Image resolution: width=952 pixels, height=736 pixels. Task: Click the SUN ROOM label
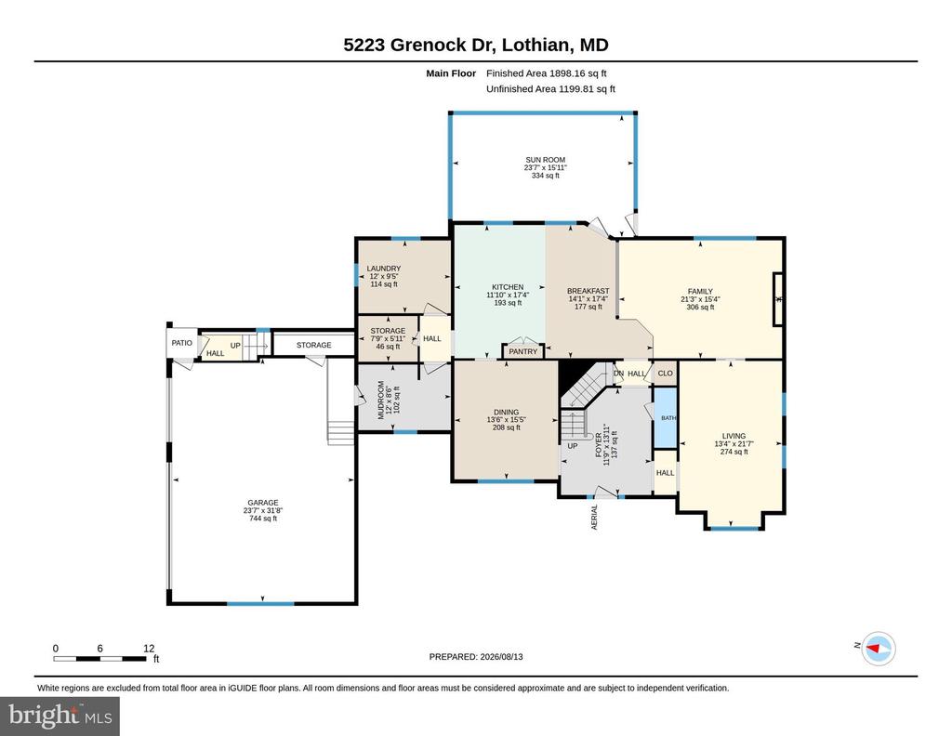(545, 160)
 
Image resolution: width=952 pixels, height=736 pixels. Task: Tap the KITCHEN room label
(508, 287)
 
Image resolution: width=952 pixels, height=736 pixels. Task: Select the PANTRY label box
(522, 351)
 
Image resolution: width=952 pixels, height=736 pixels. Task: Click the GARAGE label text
(263, 503)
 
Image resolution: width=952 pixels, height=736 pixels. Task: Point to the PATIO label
(181, 343)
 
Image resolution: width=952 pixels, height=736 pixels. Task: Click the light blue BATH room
(666, 417)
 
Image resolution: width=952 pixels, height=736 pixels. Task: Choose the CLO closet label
(665, 374)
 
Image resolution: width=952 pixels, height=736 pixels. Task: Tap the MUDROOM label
(381, 400)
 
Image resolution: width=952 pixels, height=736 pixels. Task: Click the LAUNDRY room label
(384, 269)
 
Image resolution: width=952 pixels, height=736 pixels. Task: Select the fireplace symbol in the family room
(778, 299)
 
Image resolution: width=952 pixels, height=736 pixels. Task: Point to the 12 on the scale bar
(149, 648)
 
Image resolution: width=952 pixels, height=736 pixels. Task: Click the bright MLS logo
(60, 716)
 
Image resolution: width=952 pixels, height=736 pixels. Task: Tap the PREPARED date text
(476, 656)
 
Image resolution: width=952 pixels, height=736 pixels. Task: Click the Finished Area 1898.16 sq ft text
(547, 73)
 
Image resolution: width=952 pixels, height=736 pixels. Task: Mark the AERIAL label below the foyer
(594, 517)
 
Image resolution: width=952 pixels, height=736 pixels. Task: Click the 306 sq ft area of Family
(700, 307)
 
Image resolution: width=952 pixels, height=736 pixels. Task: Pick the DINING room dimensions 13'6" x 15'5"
(506, 419)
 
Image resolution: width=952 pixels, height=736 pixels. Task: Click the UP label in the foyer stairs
(573, 446)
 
